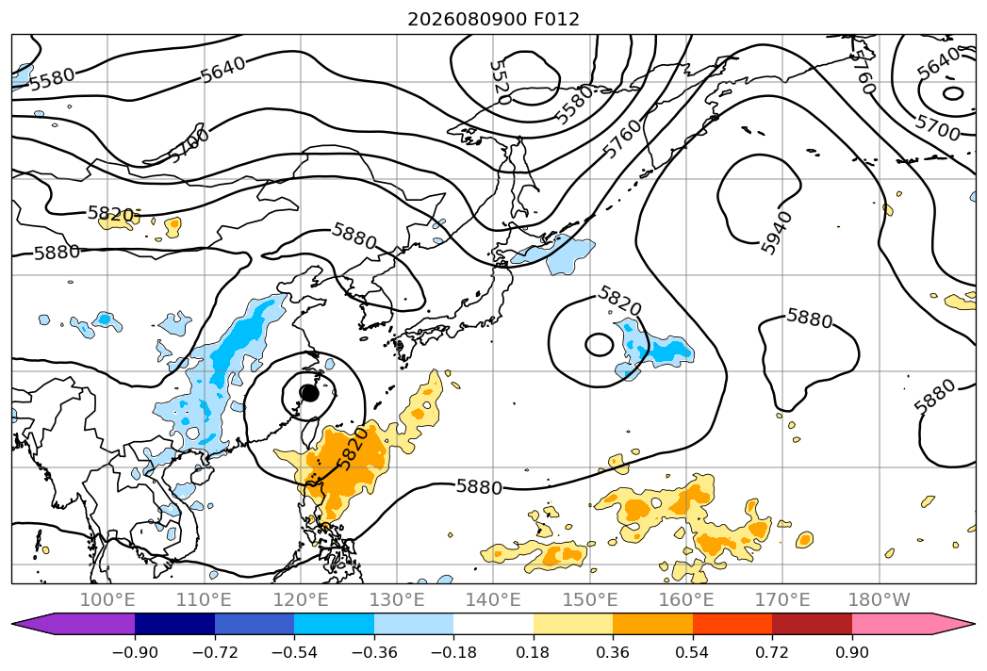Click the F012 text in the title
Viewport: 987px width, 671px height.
coord(556,19)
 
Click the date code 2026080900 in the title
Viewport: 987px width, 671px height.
coord(467,19)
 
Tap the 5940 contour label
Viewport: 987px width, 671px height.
coord(776,233)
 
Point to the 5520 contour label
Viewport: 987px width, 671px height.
coord(500,82)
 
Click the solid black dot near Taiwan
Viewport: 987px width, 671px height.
coord(309,393)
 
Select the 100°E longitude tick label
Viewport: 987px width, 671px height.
coord(107,599)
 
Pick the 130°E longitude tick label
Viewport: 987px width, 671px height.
coord(397,599)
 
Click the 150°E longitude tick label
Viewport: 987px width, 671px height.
coord(590,599)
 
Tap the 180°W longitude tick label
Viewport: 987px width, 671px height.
coord(879,599)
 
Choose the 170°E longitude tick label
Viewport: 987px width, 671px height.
coord(782,599)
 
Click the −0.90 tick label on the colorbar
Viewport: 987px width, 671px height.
coord(135,652)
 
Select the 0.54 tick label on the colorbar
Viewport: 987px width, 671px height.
coord(693,652)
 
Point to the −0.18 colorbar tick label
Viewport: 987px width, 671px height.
coord(453,652)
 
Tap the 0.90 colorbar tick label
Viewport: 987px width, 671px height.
coord(851,652)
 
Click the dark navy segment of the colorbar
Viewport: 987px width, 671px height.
coord(175,624)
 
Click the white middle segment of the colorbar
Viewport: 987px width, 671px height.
coord(494,624)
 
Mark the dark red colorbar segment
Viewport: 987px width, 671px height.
coord(812,624)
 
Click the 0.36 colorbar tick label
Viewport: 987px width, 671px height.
coord(613,652)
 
